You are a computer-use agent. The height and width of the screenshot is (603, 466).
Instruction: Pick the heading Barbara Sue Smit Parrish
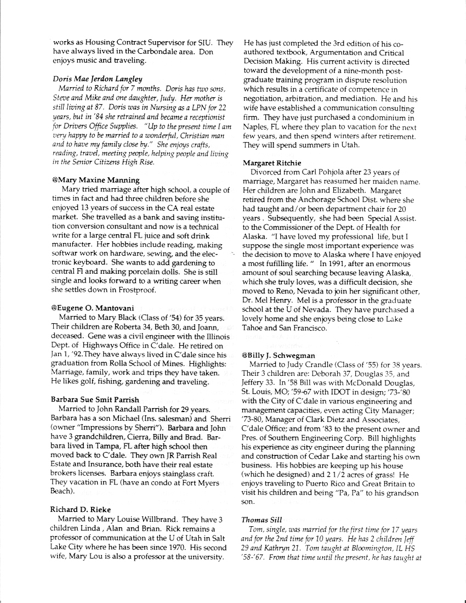click(x=95, y=400)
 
